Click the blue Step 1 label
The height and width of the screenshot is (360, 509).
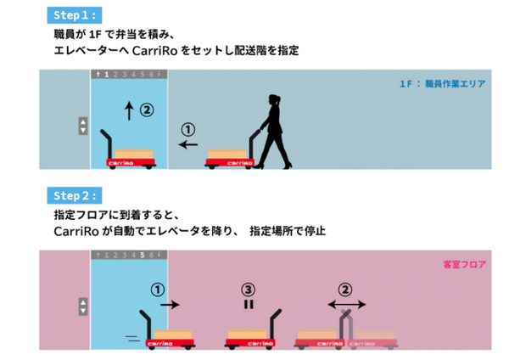(75, 15)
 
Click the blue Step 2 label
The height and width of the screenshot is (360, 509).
(75, 195)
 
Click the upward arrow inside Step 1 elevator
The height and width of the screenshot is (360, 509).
(129, 110)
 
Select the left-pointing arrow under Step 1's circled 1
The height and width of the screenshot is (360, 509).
(188, 144)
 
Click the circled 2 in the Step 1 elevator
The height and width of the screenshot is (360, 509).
(147, 110)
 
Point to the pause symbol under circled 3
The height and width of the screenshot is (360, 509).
(249, 305)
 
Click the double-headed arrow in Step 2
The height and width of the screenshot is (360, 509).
(347, 305)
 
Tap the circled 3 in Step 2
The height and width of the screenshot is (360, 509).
(249, 290)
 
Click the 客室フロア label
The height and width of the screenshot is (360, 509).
(465, 264)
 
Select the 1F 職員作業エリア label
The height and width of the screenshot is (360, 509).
(443, 84)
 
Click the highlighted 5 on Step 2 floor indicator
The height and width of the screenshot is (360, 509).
(143, 255)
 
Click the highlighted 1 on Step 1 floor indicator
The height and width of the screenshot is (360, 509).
(107, 75)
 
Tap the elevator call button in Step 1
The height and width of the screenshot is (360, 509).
(83, 126)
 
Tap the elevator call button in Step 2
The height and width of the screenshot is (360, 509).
(83, 307)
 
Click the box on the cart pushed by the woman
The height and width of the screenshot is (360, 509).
(227, 154)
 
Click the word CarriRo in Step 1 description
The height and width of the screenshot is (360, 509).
(150, 51)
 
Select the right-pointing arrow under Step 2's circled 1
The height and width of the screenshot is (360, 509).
(171, 305)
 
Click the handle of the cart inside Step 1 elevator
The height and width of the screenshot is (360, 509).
(108, 143)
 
